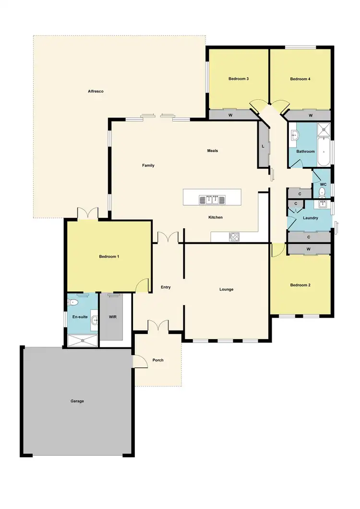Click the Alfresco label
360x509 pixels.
[x=96, y=91]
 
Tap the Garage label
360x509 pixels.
[x=77, y=401]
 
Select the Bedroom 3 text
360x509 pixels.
[x=238, y=79]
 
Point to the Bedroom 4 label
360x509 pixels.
[x=300, y=79]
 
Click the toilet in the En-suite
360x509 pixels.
[x=73, y=302]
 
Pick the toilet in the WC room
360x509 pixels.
[x=322, y=193]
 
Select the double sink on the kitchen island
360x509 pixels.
[x=212, y=199]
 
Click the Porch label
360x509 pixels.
[x=158, y=360]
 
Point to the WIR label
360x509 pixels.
[x=113, y=317]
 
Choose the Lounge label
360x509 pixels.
[x=227, y=289]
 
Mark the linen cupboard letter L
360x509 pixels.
[x=263, y=146]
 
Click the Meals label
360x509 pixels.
[x=213, y=151]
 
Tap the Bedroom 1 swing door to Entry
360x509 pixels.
[x=143, y=285]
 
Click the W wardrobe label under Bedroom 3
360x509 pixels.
[x=230, y=115]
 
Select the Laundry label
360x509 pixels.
[x=311, y=218]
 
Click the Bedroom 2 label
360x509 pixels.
[x=300, y=285]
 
